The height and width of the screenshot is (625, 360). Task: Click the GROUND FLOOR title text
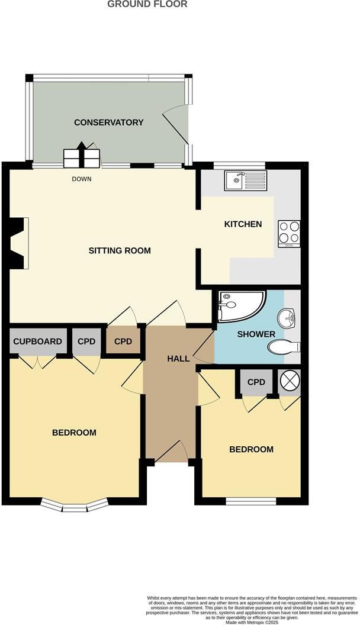[x=147, y=4]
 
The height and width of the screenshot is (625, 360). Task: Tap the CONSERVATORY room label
[x=108, y=123]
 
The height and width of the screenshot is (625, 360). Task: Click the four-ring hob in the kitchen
[x=289, y=233]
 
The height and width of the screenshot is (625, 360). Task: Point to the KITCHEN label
[x=243, y=224]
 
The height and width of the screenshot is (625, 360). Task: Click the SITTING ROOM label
[x=120, y=250]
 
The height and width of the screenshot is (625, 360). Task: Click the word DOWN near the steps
[x=82, y=179]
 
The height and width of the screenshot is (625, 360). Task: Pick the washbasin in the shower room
[x=289, y=318]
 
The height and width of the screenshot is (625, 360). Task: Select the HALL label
[x=178, y=359]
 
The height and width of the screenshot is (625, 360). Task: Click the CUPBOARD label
[x=37, y=342]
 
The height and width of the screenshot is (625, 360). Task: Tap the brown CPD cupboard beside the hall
[x=123, y=342]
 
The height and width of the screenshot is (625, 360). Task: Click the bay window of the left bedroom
[x=75, y=505]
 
